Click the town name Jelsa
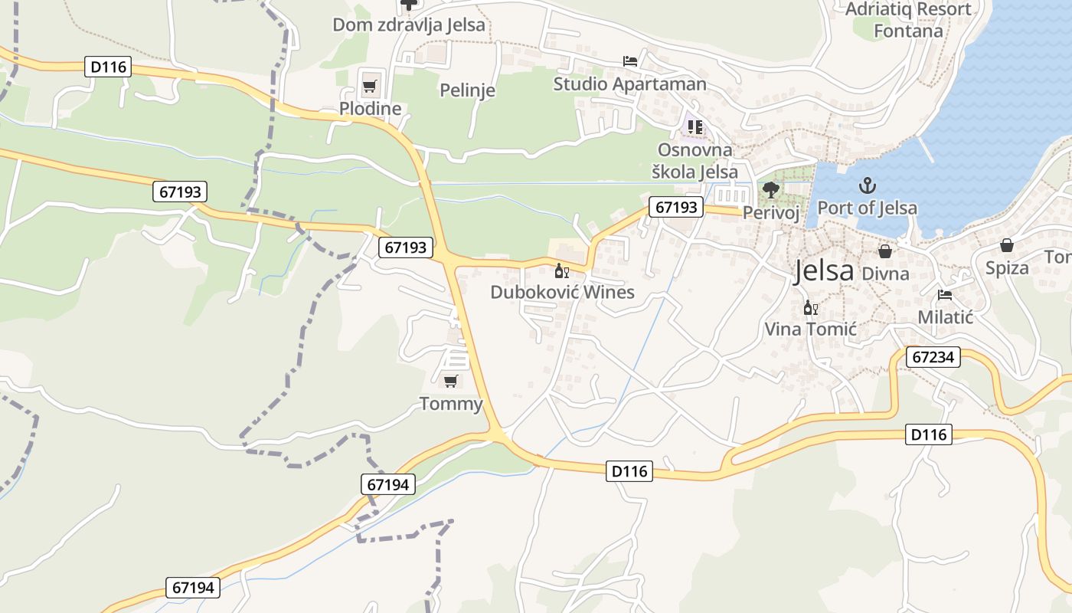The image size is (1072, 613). (823, 270)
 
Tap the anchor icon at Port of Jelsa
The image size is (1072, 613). (867, 185)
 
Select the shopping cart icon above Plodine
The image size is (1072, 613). (369, 85)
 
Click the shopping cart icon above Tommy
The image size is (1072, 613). (451, 380)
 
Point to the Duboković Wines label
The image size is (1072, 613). (562, 292)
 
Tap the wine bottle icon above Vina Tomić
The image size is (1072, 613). (809, 308)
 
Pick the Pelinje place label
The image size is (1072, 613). (467, 90)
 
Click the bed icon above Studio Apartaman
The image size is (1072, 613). (629, 61)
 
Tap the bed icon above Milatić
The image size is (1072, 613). (945, 295)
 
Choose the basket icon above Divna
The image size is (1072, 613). (885, 251)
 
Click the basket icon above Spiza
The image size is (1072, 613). (1006, 245)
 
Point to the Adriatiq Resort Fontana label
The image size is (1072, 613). (908, 20)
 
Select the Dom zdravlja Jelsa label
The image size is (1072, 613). (408, 25)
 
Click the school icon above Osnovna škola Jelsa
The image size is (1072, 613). (695, 126)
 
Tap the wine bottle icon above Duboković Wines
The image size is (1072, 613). (561, 270)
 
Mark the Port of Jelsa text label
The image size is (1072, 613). (867, 208)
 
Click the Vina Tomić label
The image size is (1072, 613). (810, 329)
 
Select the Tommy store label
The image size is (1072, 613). (451, 404)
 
